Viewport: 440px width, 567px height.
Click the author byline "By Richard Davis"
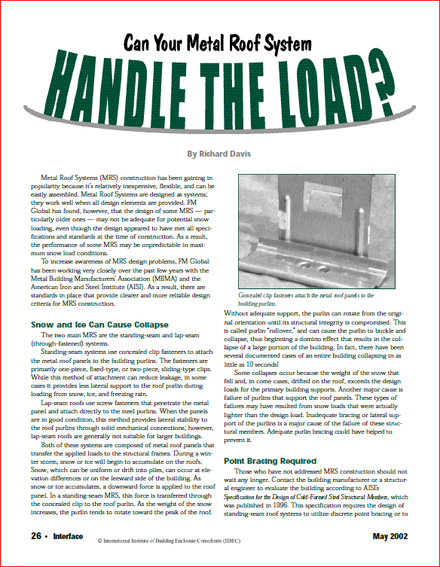pos(219,154)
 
